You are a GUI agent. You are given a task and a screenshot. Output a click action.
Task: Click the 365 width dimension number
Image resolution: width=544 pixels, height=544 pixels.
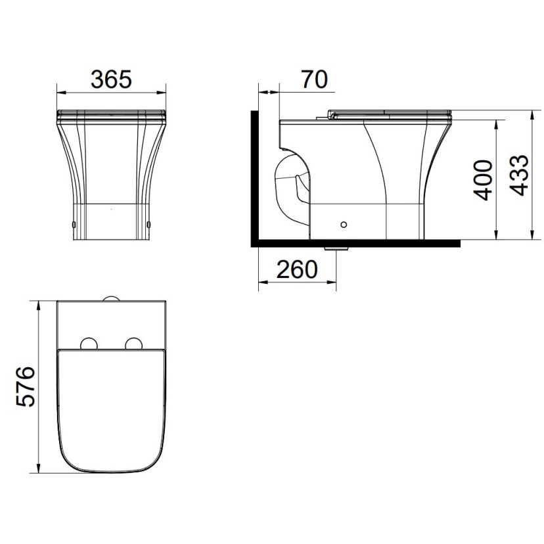click(111, 79)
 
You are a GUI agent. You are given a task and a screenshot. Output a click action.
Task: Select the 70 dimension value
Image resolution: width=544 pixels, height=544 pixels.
click(314, 79)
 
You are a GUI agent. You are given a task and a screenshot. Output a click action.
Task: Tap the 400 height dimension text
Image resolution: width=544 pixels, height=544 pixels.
click(484, 180)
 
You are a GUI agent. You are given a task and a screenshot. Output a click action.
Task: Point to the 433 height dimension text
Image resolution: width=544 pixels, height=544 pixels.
click(519, 175)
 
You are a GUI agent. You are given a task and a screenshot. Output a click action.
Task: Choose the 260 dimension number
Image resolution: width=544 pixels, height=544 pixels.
click(297, 269)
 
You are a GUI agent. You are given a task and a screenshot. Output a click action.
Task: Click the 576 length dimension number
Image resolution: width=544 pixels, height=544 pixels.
click(26, 386)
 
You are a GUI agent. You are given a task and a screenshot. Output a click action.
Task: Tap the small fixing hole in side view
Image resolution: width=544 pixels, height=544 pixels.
click(344, 225)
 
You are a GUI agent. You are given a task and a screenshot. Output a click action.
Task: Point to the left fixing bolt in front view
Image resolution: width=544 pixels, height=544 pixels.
click(74, 225)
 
